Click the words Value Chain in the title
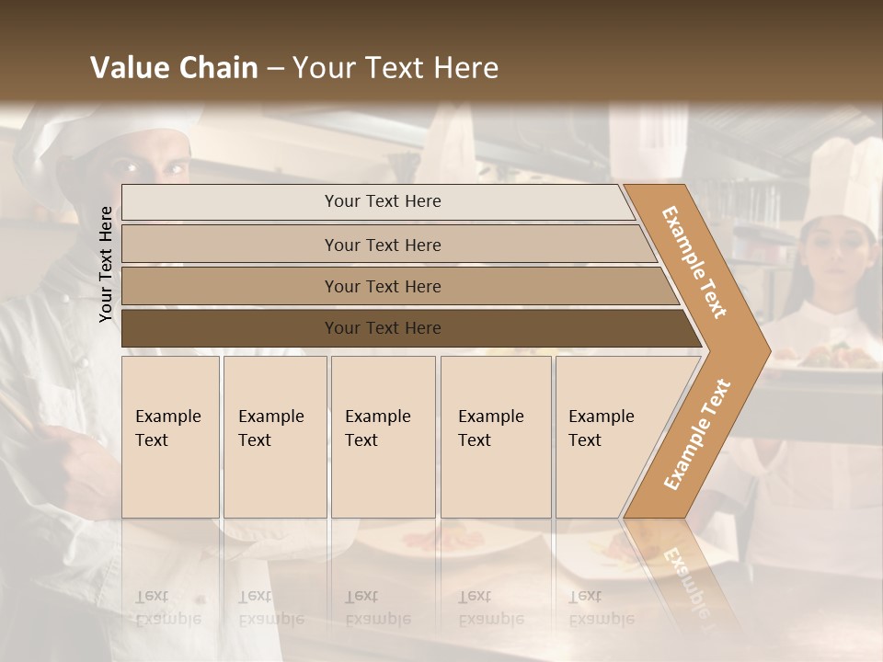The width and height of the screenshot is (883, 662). point(174,68)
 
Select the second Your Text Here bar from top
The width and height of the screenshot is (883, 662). point(383,245)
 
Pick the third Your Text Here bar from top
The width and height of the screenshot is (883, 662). point(383,286)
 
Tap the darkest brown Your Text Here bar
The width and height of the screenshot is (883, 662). point(383,328)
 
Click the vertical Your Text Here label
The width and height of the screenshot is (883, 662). point(106,264)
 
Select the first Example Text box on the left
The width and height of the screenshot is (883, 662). point(170,436)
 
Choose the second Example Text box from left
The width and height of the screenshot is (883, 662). point(275,436)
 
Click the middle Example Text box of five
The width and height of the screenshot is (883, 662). point(383,436)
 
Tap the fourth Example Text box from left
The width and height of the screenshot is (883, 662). point(496,436)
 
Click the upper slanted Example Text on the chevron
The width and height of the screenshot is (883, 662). point(694,261)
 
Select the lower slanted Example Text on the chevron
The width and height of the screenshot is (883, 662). point(696,435)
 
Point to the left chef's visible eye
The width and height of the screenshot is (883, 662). point(129,168)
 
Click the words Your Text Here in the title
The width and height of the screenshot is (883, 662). point(396,68)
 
